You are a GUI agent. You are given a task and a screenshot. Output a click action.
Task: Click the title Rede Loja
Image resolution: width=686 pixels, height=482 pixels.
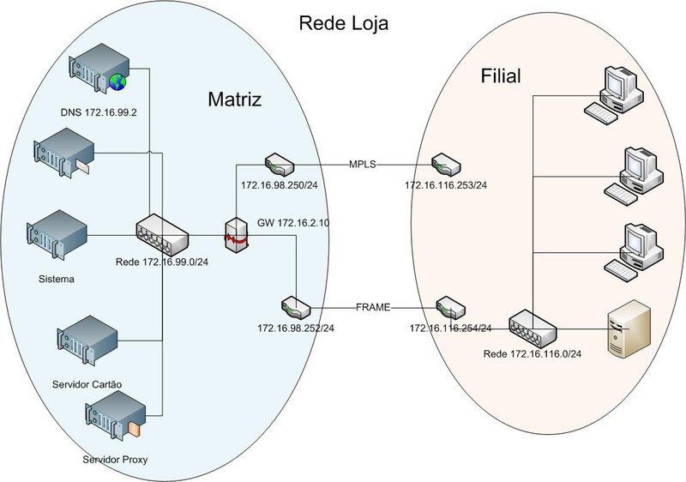coord(343,23)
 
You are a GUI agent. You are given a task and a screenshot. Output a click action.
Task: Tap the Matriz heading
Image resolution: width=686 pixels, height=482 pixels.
coord(235,99)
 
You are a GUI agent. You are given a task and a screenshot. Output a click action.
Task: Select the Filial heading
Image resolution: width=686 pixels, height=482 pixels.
coord(500,78)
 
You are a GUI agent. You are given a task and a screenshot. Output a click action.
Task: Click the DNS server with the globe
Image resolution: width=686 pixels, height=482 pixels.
coord(99,69)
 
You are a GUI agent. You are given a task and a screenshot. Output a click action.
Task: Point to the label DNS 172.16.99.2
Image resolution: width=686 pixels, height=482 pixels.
coord(99,112)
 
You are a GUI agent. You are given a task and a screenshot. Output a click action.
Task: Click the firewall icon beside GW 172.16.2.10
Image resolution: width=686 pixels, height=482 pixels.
coord(234,234)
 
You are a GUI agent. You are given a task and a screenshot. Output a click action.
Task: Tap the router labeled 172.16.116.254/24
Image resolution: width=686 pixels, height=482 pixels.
coord(449,306)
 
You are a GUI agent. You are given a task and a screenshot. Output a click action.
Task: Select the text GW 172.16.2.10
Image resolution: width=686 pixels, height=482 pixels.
coord(293,223)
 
